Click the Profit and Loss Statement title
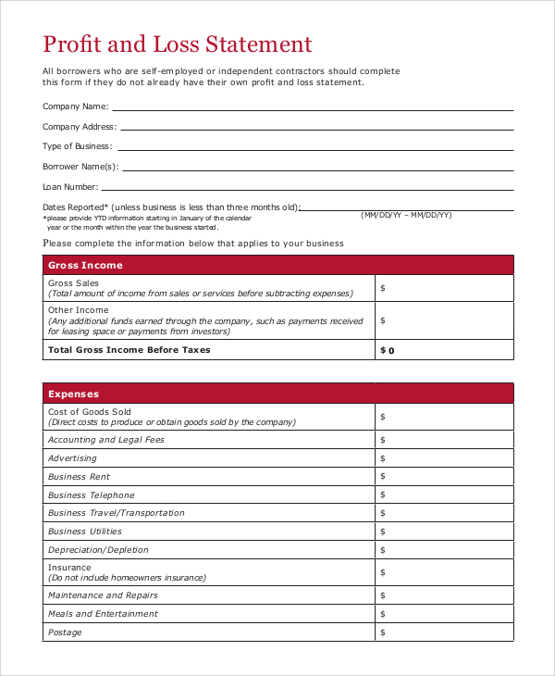[178, 44]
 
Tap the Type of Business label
[77, 146]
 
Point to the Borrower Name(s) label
[80, 167]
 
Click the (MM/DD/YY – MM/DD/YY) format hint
[406, 215]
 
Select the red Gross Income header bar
[278, 265]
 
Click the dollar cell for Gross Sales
[444, 288]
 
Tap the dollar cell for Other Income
[444, 320]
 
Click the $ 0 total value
[388, 351]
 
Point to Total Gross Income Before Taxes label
[129, 350]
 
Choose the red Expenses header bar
[278, 394]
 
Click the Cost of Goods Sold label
[90, 411]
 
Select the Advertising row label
[72, 458]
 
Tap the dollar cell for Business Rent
[444, 477]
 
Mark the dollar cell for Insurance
[444, 573]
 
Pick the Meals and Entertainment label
[103, 614]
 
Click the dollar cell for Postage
[444, 632]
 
